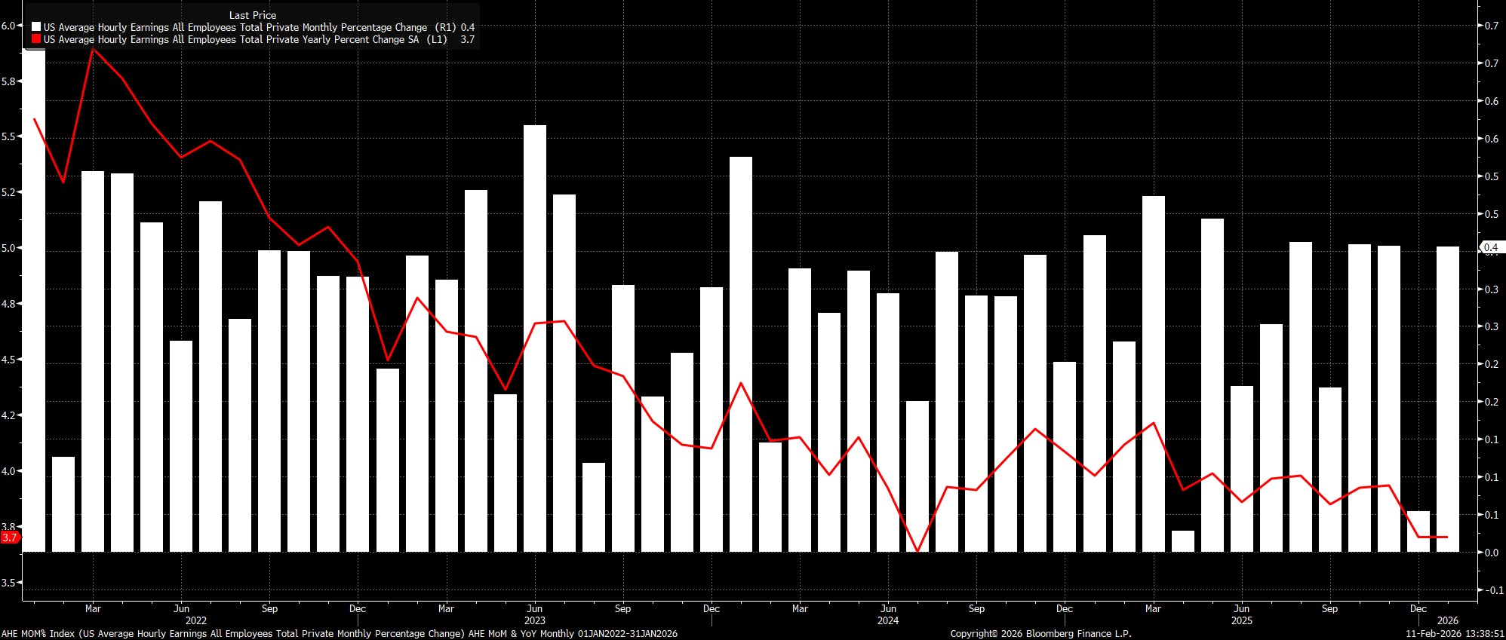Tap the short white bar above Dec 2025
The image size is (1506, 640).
(x=1418, y=531)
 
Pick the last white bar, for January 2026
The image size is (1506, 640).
(x=1448, y=399)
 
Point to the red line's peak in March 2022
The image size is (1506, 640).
(x=93, y=49)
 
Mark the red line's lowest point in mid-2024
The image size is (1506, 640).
(x=917, y=551)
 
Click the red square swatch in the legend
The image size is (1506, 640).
(x=36, y=39)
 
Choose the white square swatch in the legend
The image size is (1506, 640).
(x=36, y=27)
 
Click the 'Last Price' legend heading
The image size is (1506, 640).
(x=252, y=15)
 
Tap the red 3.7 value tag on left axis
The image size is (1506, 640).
(x=10, y=537)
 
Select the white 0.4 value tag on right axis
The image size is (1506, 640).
(x=1491, y=247)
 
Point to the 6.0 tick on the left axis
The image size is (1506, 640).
(x=8, y=26)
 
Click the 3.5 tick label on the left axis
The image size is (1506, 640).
(x=8, y=583)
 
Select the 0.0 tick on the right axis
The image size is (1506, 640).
(x=1491, y=553)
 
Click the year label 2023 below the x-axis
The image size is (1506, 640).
(x=534, y=620)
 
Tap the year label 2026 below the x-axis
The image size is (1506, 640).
(x=1448, y=620)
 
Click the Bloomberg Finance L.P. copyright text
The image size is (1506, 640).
(x=1040, y=634)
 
